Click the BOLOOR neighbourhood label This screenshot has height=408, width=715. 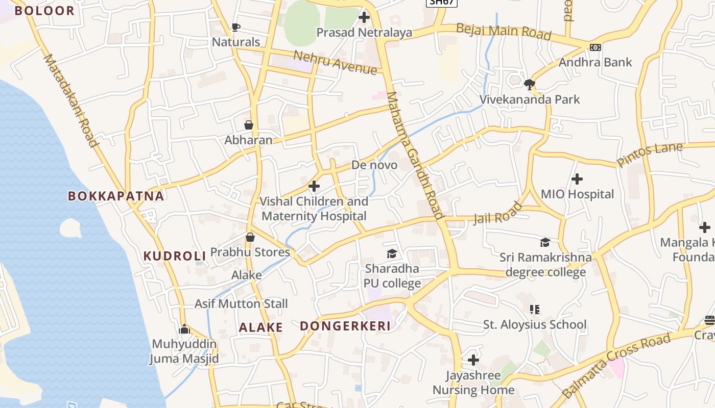(44, 10)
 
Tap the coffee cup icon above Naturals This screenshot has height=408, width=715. (235, 27)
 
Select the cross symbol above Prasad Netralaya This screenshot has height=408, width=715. (364, 18)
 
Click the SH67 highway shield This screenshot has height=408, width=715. (441, 2)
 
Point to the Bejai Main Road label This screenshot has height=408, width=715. (504, 32)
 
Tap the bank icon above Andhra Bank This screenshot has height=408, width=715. (595, 47)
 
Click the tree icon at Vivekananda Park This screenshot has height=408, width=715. (530, 84)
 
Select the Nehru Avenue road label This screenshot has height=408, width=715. (335, 62)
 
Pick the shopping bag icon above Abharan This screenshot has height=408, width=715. (249, 125)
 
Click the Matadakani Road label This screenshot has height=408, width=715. (70, 100)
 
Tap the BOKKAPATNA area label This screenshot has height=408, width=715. (116, 196)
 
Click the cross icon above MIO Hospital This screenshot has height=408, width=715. (577, 179)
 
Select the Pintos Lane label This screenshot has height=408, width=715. (650, 155)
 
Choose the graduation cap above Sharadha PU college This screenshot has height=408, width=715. (392, 253)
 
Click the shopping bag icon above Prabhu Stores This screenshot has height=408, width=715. (250, 237)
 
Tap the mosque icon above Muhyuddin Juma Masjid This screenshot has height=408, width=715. (184, 329)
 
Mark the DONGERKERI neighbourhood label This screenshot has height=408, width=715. (345, 326)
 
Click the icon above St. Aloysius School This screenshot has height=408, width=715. (535, 309)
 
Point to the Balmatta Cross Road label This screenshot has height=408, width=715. (616, 366)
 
